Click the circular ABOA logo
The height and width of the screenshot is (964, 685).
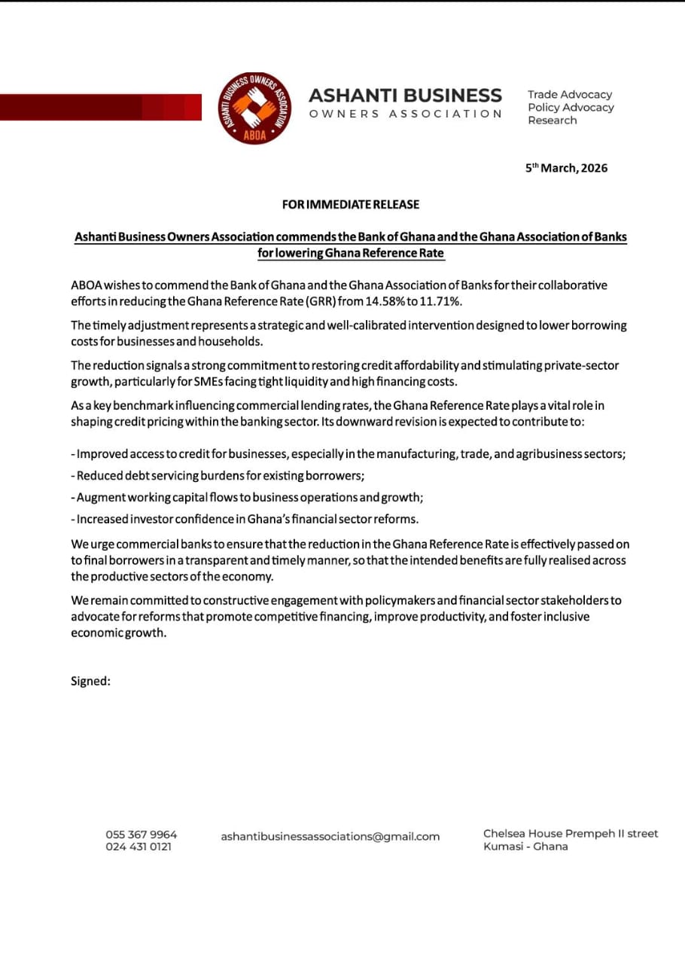coord(254,108)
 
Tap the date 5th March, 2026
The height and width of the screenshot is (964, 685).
coord(566,168)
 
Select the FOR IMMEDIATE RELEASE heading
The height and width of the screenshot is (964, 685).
coord(351,204)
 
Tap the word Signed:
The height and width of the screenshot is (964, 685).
coord(90,681)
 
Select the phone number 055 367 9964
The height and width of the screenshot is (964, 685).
coord(142,834)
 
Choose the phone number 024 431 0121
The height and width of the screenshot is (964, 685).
coord(139,847)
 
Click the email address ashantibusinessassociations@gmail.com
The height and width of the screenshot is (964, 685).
coord(330,836)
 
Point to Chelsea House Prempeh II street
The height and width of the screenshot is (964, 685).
coord(570,834)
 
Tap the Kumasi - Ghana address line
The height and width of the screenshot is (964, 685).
coord(525,847)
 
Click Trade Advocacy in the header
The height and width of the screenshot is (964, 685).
coord(569,95)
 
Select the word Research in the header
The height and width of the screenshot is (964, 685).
coord(552,120)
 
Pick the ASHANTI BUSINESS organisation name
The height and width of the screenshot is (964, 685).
coord(405,96)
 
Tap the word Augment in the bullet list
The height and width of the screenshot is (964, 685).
coord(101,497)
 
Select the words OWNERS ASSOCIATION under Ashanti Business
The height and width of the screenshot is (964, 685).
coord(405,114)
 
